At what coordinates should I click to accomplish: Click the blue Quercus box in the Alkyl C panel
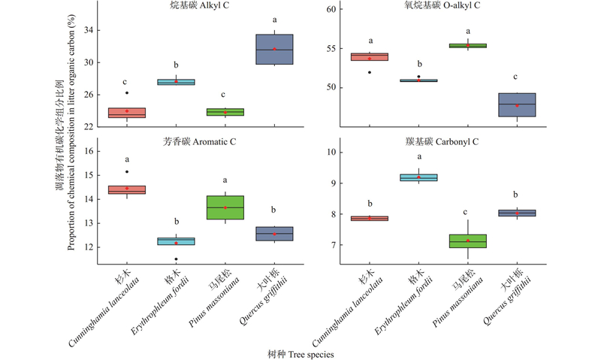274,50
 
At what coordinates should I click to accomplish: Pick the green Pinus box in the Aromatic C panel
225,207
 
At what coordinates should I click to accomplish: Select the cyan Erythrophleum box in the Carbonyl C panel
418,177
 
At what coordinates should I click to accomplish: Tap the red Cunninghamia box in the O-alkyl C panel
370,56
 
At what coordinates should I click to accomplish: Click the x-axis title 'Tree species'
300,352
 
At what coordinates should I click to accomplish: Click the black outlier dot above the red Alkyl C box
127,93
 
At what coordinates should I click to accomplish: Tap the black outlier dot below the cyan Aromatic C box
177,259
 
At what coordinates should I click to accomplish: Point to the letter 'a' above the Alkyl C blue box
274,20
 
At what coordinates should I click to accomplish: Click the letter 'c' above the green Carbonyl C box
468,212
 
